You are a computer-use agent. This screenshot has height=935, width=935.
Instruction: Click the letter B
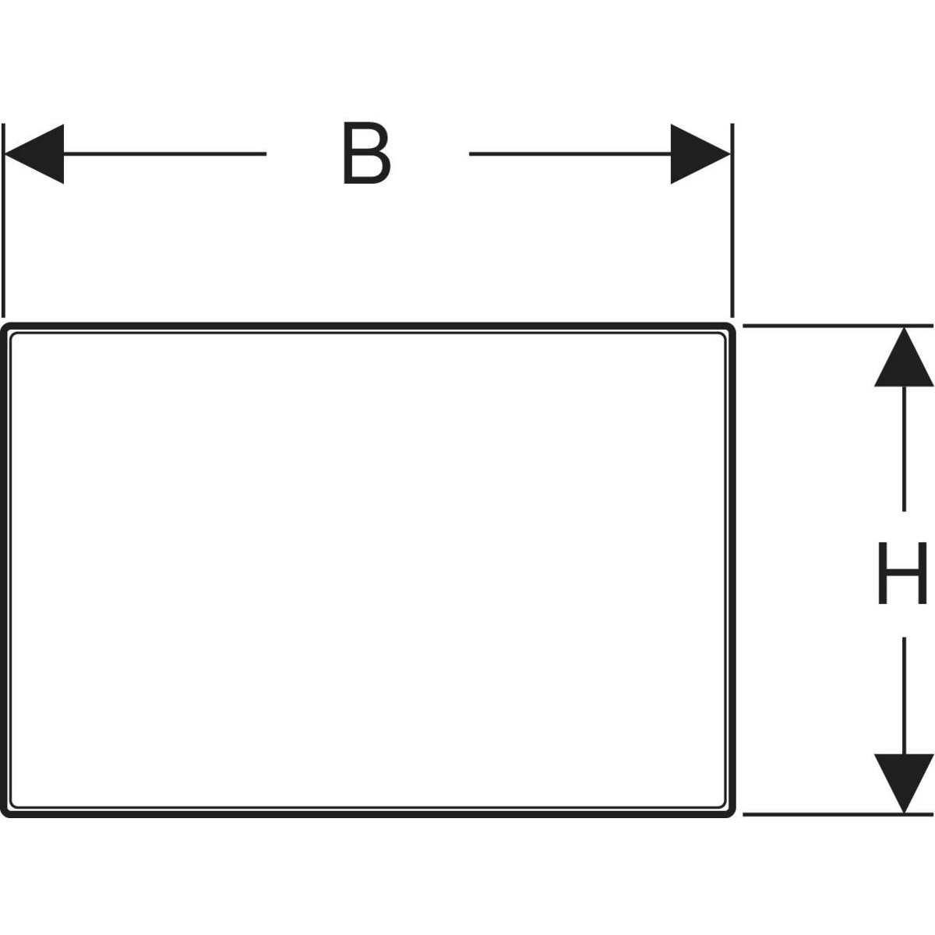(x=366, y=154)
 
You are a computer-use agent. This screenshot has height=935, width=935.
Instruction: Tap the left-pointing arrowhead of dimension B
(x=34, y=154)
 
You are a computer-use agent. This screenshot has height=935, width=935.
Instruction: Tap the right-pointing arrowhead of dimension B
(x=700, y=154)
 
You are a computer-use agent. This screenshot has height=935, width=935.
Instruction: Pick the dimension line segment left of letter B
(x=164, y=154)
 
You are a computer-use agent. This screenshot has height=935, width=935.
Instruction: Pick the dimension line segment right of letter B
(x=569, y=154)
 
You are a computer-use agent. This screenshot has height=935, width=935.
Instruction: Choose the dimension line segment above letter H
(x=904, y=448)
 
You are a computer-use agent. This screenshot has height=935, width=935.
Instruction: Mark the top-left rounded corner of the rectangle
(x=6, y=327)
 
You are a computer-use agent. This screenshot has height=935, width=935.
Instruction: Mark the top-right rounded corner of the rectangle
(x=731, y=327)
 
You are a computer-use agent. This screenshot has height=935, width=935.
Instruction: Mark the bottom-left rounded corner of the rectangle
(x=6, y=813)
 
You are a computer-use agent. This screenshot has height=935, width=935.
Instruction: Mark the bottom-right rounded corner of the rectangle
(x=731, y=813)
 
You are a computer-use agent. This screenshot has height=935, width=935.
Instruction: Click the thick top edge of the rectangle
(x=366, y=324)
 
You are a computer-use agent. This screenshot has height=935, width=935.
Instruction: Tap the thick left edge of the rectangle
(x=4, y=569)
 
